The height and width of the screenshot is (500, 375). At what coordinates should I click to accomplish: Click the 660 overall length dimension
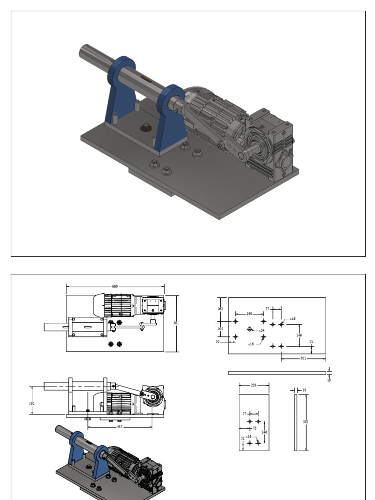click(x=115, y=287)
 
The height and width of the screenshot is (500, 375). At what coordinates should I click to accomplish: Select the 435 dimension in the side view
click(x=120, y=426)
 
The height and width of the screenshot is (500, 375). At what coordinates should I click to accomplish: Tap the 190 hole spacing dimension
click(x=249, y=314)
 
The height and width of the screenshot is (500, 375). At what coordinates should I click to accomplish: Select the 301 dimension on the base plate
click(x=303, y=358)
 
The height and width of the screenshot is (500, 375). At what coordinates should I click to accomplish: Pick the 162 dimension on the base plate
click(x=220, y=309)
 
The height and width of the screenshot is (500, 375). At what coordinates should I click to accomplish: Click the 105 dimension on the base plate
click(x=220, y=329)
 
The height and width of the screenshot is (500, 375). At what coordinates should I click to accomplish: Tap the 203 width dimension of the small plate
click(x=253, y=385)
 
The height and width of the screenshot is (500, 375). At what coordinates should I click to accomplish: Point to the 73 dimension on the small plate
click(x=254, y=428)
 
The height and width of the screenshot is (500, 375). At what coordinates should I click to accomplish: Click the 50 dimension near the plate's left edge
click(x=218, y=342)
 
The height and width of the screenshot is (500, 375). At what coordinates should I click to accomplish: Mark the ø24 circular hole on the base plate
click(x=250, y=330)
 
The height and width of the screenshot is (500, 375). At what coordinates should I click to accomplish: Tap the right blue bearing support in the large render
click(x=171, y=120)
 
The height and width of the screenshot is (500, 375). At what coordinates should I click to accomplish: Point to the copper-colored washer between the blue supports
click(x=146, y=128)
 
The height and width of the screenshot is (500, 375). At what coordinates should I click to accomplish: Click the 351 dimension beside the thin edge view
click(x=306, y=422)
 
